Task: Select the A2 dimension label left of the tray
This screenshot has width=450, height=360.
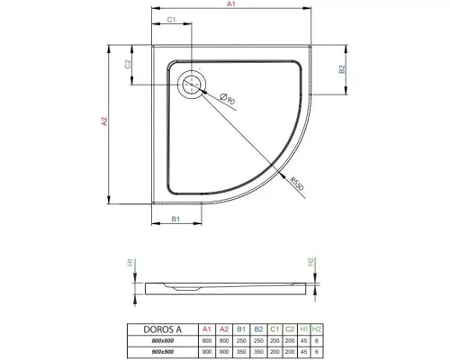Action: click(105, 121)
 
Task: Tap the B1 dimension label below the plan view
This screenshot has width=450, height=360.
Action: click(176, 219)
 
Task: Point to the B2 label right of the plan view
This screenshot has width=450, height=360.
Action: click(343, 68)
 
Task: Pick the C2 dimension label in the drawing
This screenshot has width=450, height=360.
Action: click(128, 63)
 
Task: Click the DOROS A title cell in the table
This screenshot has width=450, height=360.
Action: click(163, 328)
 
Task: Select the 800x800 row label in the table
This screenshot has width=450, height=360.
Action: click(163, 340)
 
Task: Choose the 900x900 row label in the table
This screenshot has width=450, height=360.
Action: click(163, 352)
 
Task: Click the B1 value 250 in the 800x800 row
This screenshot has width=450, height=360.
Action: click(241, 340)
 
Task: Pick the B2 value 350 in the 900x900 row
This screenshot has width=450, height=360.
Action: click(259, 352)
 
